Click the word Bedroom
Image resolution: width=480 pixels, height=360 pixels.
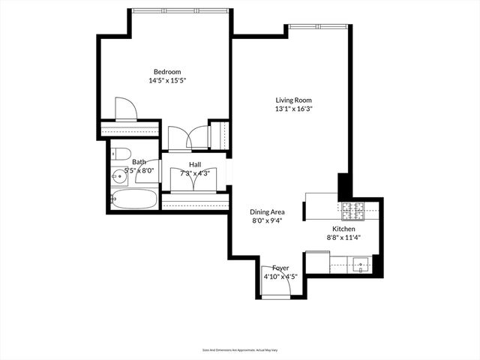166,72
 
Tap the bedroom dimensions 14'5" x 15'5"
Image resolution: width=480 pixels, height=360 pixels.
166,81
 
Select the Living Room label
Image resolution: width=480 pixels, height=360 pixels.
293,100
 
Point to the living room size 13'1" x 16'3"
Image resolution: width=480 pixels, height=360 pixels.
293,109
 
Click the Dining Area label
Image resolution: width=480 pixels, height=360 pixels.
267,212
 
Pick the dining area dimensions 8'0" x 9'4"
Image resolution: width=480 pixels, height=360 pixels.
267,221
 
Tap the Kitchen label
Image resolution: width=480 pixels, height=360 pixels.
344,229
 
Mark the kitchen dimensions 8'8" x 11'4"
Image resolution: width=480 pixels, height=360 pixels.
344,238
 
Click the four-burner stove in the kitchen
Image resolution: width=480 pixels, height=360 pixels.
352,211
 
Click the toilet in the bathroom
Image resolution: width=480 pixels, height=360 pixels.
119,154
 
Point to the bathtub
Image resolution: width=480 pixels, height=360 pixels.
134,200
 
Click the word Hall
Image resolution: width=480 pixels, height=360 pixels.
195,164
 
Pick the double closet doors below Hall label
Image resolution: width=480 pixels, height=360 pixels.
195,180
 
